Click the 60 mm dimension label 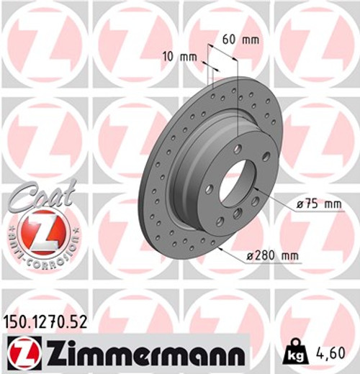[x=240, y=40]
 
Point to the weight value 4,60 [x=336, y=354]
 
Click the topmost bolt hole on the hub [x=238, y=149]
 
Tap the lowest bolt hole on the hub [x=220, y=222]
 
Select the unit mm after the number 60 [x=250, y=40]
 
